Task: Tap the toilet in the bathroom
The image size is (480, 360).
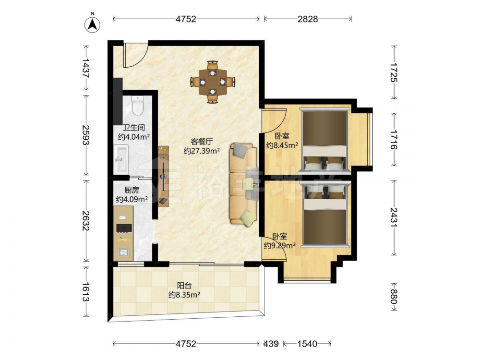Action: (x=137, y=105)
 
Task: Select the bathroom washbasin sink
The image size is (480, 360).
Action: (x=122, y=158)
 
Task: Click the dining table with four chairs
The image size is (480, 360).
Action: (x=213, y=82)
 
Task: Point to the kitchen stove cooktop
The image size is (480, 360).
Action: (x=124, y=228)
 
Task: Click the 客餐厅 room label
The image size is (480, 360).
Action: (x=202, y=142)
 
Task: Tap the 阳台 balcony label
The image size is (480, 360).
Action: (x=184, y=286)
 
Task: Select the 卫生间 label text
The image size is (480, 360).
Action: (x=134, y=127)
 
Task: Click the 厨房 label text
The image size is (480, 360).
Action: (x=132, y=190)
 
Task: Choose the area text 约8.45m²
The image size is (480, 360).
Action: (x=282, y=145)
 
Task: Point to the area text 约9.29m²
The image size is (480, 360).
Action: (x=279, y=245)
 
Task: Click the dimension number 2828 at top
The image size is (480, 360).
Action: (x=308, y=19)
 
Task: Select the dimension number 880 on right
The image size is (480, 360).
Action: (x=394, y=297)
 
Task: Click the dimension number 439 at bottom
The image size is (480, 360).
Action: (x=271, y=344)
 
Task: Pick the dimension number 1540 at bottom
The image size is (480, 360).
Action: (x=307, y=344)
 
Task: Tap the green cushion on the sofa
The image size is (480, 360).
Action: (x=248, y=218)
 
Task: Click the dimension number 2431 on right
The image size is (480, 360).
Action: (x=394, y=217)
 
